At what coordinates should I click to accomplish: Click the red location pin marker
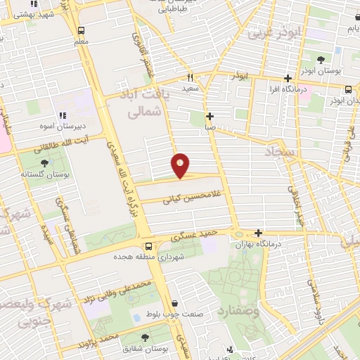tap(181, 165)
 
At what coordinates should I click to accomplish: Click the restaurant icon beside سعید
tap(189, 78)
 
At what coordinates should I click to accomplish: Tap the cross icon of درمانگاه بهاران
tap(259, 233)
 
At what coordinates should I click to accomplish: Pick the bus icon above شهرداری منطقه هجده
tap(148, 247)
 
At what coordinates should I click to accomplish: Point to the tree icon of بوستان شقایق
tap(145, 337)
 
